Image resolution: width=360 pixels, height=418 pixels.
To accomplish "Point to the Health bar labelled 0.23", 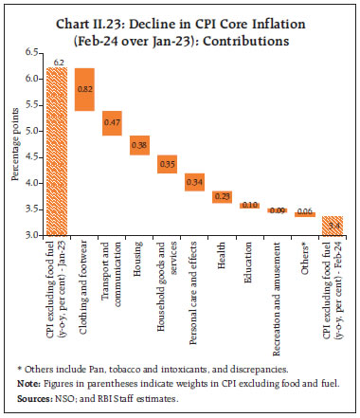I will tap(223, 196).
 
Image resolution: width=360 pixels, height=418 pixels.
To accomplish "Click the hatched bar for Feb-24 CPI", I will tap(333, 226).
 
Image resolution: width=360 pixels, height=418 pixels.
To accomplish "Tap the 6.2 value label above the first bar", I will tap(58, 62).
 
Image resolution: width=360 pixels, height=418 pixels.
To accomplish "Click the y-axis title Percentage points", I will tap(14, 147).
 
